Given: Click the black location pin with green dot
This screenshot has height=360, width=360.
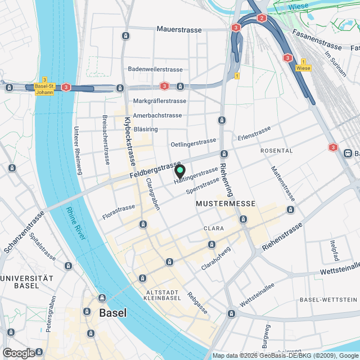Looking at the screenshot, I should [x=179, y=171].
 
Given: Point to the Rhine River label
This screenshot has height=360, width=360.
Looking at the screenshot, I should [x=76, y=223].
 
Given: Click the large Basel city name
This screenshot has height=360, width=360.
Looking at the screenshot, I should [x=112, y=313].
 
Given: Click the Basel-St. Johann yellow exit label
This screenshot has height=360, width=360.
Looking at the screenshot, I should [x=44, y=89].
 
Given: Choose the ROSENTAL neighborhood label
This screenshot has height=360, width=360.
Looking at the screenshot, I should [x=276, y=151].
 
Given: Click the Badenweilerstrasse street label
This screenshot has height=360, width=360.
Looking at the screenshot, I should [x=155, y=69].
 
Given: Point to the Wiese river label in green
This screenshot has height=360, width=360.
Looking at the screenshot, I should [x=298, y=7].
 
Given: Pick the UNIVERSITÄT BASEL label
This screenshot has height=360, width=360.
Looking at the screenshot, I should [x=26, y=282].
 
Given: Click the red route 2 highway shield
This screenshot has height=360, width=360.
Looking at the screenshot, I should [x=262, y=18].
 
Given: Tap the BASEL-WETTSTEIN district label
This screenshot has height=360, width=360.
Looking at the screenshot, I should [x=329, y=299].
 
